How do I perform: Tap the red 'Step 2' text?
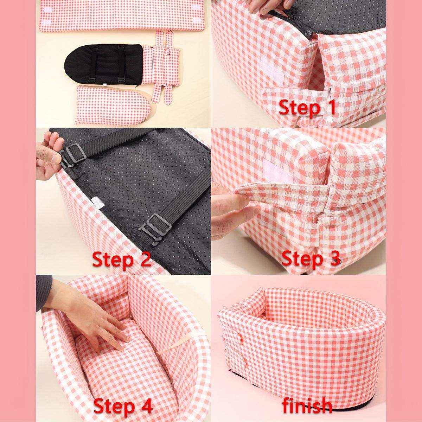(121, 260)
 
